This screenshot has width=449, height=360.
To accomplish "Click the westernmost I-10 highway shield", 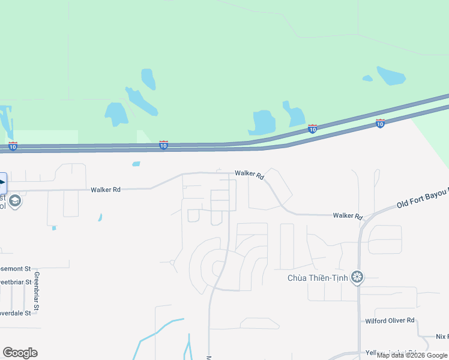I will point(13,146).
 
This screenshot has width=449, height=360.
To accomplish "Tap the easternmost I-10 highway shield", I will point(380,123).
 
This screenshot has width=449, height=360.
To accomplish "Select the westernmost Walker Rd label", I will point(106,190).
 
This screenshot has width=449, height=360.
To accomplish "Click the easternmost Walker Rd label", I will point(348,216).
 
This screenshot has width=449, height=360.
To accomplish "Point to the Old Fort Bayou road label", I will point(422,201).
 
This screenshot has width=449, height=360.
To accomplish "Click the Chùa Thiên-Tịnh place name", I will point(318,277).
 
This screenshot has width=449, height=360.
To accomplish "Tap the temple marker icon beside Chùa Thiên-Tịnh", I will point(358,277).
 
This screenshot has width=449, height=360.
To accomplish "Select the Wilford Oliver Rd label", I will point(390,321).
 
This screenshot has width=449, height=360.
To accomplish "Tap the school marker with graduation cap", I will point(16,201).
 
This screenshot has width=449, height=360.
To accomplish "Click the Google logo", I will point(20,353).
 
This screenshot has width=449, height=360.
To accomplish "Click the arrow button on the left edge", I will point(2,182).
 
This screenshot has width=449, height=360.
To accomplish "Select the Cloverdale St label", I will point(16,313).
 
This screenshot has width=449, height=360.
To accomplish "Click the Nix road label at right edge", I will point(442,337).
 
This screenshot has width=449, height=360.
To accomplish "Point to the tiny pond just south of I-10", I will point(136,163).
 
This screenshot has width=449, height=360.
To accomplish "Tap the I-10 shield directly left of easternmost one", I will point(312,128).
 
